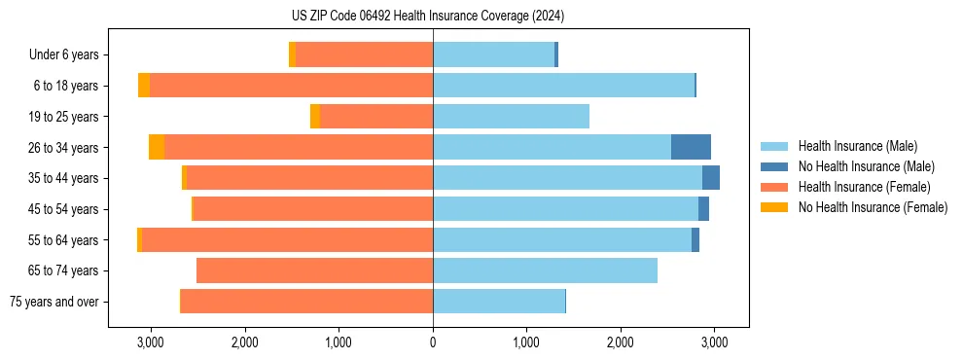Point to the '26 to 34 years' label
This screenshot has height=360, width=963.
point(64,148)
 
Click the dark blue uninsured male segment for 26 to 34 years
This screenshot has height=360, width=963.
point(691,147)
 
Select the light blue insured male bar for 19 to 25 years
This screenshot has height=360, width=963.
point(511,117)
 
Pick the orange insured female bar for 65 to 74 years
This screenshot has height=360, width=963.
point(314,270)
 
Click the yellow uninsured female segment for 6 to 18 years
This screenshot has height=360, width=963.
point(144,86)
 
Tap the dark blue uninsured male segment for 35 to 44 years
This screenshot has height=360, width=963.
point(711,178)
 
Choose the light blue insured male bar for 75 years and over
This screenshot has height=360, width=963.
point(498,302)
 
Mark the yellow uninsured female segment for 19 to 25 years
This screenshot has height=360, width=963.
point(315,117)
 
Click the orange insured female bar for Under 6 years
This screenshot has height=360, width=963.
point(364,54)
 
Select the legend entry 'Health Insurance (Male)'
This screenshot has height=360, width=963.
point(857,146)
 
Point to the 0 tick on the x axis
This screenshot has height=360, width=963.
point(433,342)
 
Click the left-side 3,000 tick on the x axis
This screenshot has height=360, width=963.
point(150,342)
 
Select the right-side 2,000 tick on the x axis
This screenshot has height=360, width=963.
point(621,342)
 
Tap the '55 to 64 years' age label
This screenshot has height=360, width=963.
point(64,240)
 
